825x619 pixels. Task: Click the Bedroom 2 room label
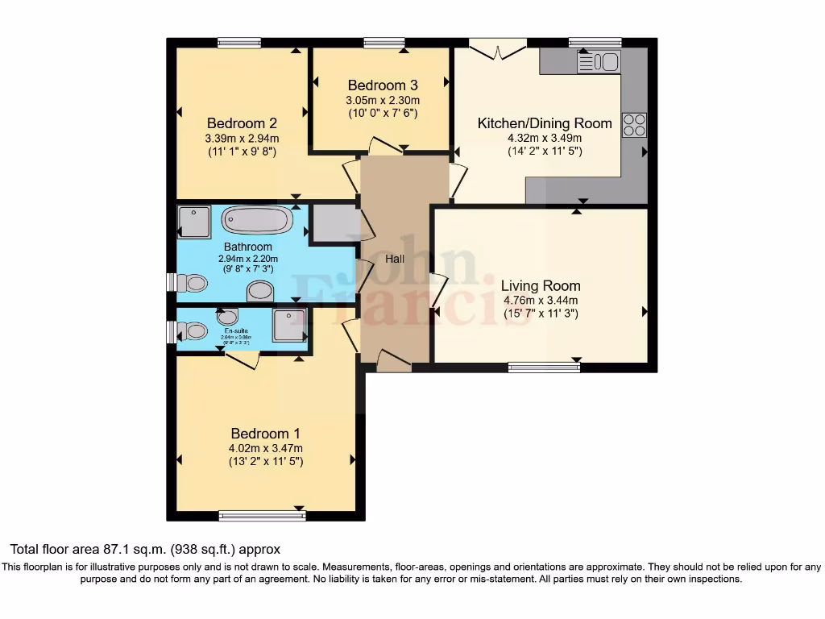pos(242,123)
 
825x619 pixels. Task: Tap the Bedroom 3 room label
pos(382,85)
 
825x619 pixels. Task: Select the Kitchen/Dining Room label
pos(545,123)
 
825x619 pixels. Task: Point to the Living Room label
pos(540,285)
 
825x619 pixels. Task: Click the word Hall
pos(395,259)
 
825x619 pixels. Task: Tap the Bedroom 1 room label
pos(265,433)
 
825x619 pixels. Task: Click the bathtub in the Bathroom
pos(257,220)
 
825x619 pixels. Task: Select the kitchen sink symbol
pos(599,61)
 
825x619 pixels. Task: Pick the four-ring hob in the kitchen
pos(634,125)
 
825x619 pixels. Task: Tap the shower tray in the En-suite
pos(288,325)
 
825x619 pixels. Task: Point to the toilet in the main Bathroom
pos(192,283)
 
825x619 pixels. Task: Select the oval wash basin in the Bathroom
pos(259,291)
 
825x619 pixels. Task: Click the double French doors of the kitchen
pos(498,50)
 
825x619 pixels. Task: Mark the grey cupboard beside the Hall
pos(334,223)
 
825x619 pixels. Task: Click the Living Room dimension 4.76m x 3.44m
pos(540,301)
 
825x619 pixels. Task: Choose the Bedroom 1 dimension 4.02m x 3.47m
pos(265,448)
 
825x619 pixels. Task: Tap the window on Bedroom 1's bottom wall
pos(262,516)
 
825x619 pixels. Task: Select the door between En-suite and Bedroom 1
pos(242,360)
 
